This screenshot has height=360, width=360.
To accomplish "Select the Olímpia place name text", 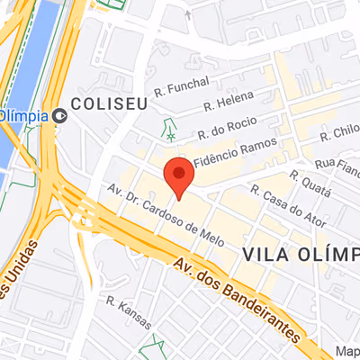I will (x=24, y=115).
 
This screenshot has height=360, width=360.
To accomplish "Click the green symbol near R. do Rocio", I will (x=168, y=129).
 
